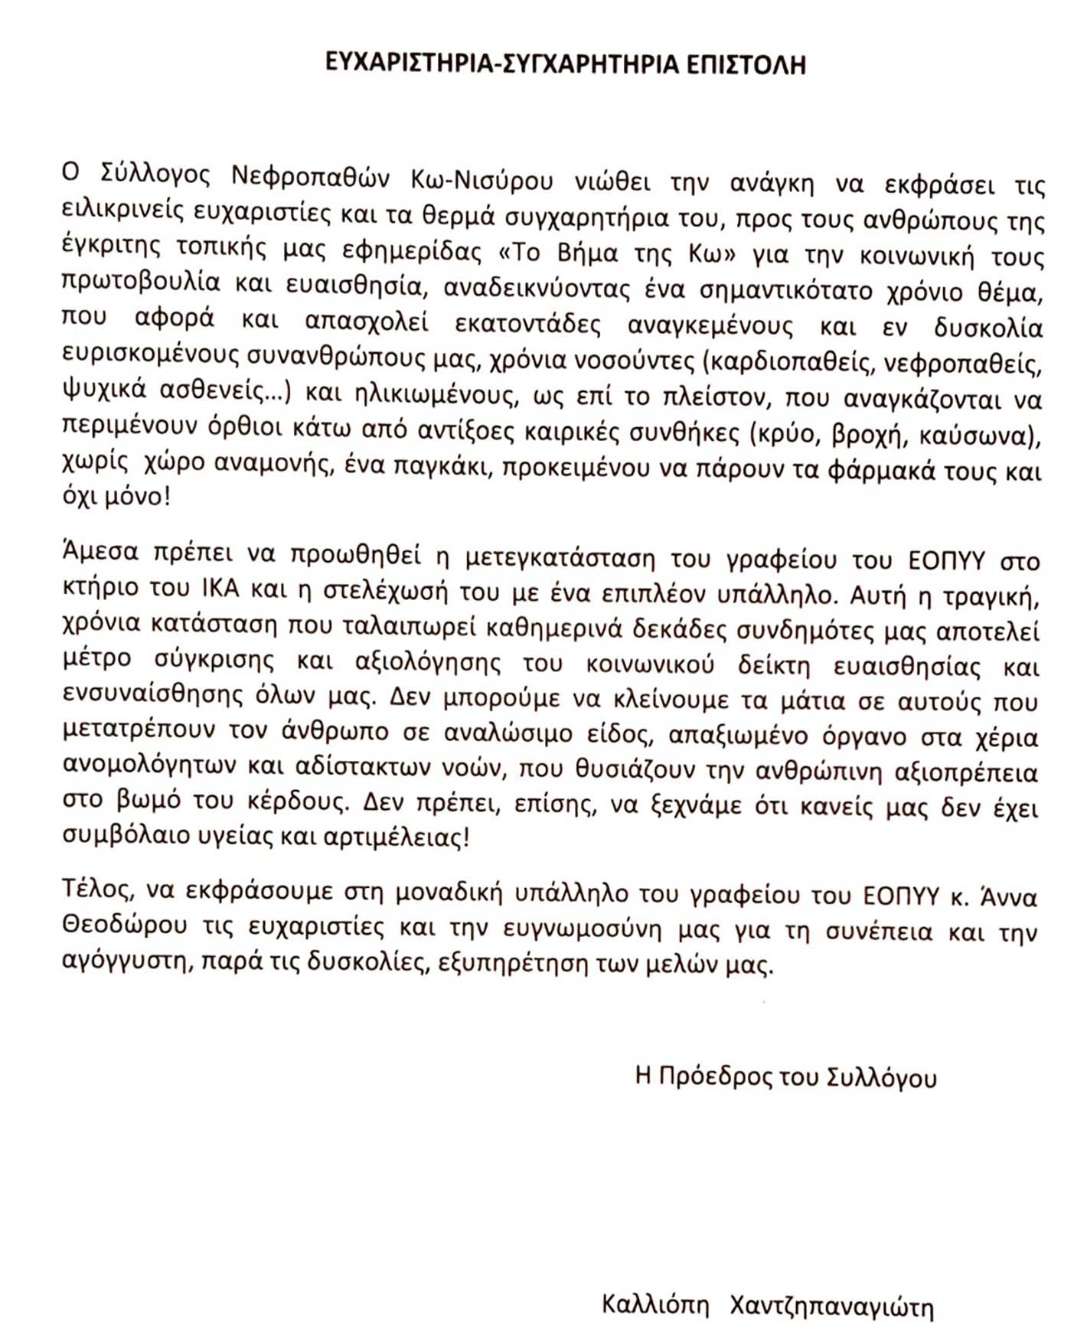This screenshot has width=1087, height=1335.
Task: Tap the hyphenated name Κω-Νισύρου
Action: click(x=481, y=180)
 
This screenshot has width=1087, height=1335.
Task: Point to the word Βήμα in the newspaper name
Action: click(x=592, y=253)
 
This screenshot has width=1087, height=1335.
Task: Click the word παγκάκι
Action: click(x=439, y=467)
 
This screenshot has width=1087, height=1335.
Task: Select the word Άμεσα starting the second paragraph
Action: click(x=100, y=551)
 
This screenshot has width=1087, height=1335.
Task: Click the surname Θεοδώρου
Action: click(x=124, y=925)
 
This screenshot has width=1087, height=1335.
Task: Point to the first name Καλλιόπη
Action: click(x=655, y=1304)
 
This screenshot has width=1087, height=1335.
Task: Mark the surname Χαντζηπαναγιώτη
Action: click(x=831, y=1306)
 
